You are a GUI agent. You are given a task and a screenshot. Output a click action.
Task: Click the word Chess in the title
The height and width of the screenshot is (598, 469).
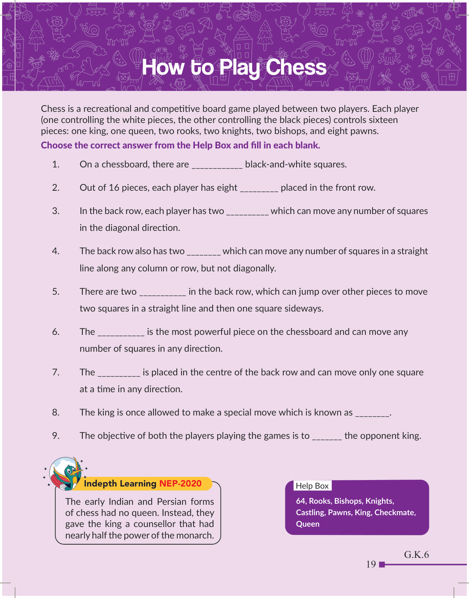pyautogui.click(x=296, y=67)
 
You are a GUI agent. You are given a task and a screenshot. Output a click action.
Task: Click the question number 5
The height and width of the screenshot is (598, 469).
pyautogui.click(x=56, y=291)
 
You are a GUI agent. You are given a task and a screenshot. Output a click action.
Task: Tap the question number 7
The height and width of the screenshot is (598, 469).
pyautogui.click(x=56, y=372)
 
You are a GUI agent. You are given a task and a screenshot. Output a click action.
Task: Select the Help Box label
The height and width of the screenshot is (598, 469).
pyautogui.click(x=312, y=486)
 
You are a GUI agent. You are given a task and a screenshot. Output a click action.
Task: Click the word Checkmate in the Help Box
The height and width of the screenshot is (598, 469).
pyautogui.click(x=394, y=512)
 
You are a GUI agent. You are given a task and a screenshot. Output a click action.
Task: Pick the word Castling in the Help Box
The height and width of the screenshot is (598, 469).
pyautogui.click(x=310, y=512)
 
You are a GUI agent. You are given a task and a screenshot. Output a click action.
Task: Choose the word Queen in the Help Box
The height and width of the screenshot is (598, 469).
pyautogui.click(x=308, y=524)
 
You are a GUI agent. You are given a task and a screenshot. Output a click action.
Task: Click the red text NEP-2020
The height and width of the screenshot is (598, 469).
pyautogui.click(x=180, y=483)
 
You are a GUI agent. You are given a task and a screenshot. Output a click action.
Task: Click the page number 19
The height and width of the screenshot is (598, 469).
pyautogui.click(x=371, y=564)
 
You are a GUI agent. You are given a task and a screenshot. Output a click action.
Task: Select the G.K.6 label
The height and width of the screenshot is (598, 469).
pyautogui.click(x=416, y=555)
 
